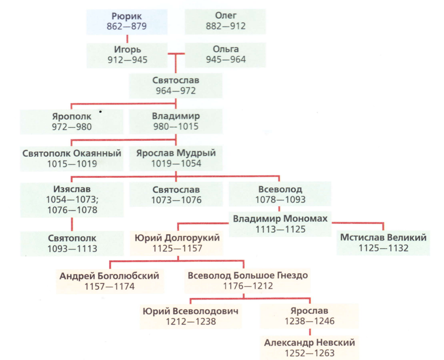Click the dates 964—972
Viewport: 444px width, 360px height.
click(x=176, y=91)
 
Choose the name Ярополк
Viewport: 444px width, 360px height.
click(x=72, y=117)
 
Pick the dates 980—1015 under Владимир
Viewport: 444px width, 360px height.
click(x=176, y=127)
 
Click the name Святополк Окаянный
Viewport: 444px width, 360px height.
click(x=72, y=153)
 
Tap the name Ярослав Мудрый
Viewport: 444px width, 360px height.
click(x=176, y=153)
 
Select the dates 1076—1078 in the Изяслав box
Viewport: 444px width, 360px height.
click(x=72, y=210)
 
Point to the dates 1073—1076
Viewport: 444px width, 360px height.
click(x=176, y=200)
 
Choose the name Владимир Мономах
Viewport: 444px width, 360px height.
click(x=280, y=219)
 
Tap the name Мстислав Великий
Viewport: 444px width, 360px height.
click(x=384, y=238)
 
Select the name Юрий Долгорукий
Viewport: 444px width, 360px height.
click(x=178, y=238)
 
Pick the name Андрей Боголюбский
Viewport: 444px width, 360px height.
click(x=109, y=275)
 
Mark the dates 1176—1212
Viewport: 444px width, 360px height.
click(x=248, y=286)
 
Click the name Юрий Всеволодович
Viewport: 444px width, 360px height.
click(x=191, y=311)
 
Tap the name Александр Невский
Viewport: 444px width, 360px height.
click(x=309, y=343)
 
